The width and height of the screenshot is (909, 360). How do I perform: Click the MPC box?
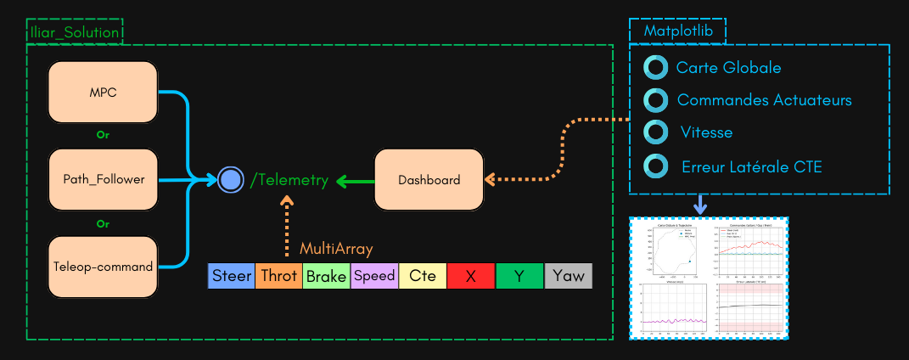[x=104, y=93]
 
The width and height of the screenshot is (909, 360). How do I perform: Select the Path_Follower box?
[x=104, y=179]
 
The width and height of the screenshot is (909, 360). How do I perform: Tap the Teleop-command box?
[x=104, y=267]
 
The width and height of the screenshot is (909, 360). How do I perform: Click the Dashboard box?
[x=429, y=179]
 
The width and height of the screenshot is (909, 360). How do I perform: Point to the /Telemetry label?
[x=289, y=179]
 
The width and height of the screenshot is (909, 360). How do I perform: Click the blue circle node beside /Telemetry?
[x=230, y=179]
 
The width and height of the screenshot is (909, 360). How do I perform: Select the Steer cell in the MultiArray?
[x=232, y=276]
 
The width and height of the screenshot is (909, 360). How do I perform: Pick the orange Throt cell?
[x=278, y=276]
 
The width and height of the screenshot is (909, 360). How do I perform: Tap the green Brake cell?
[x=326, y=276]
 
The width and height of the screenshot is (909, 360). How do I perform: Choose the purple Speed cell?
[x=374, y=276]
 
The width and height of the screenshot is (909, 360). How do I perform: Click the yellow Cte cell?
[x=423, y=276]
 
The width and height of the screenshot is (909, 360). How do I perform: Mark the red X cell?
[x=471, y=276]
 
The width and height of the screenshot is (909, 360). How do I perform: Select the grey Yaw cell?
[x=568, y=276]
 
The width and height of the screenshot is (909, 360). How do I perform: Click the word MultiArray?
[x=336, y=249]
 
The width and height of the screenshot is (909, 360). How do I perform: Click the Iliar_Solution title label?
[x=74, y=33]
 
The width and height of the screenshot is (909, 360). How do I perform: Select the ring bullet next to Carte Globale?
[x=656, y=68]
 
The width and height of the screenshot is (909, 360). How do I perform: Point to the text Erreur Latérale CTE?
[x=751, y=167]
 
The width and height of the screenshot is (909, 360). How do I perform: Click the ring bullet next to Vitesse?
[x=656, y=132]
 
